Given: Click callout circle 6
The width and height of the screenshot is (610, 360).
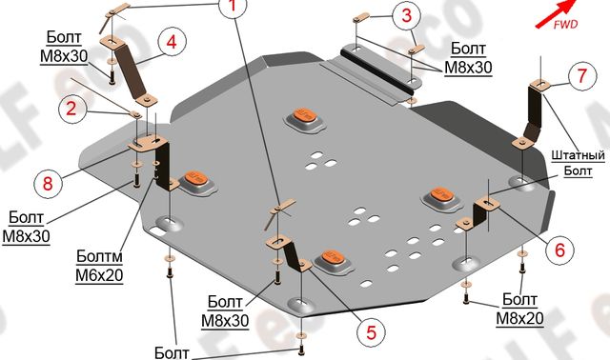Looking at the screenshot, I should (x=559, y=250).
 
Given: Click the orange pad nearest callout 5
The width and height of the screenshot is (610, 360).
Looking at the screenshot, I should (x=331, y=257).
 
